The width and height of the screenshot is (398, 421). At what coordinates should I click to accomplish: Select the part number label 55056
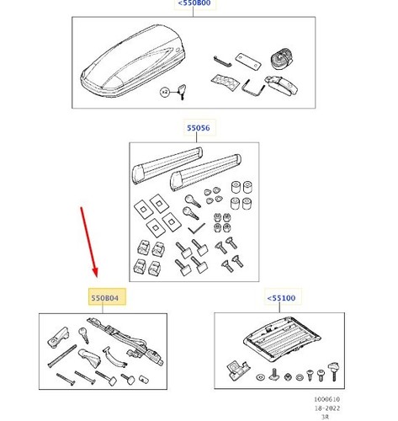pos(199,128)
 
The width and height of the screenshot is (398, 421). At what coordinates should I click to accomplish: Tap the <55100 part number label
pos(281,298)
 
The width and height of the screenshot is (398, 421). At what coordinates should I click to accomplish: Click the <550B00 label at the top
pos(194,3)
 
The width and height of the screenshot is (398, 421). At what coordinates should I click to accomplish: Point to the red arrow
pos(89,242)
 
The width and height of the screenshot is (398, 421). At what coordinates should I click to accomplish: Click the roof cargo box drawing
pos(132,61)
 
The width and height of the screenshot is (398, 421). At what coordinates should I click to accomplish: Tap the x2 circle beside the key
pos(165,92)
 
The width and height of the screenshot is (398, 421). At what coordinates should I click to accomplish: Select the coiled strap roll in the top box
pos(282,59)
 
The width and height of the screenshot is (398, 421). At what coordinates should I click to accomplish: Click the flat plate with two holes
pos(248,61)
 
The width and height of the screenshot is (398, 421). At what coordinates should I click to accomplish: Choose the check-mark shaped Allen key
pos(196,229)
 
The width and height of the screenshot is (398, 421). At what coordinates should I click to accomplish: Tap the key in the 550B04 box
pos(84,335)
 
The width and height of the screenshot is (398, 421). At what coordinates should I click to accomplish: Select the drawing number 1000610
pos(326,399)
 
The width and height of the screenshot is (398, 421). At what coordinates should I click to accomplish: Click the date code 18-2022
pos(327,408)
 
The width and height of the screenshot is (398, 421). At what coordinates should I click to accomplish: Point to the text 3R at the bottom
pos(325,417)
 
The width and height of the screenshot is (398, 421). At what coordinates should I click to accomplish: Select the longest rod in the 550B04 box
pos(62,356)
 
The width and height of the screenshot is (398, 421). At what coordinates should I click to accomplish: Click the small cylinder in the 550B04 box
pos(144,379)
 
